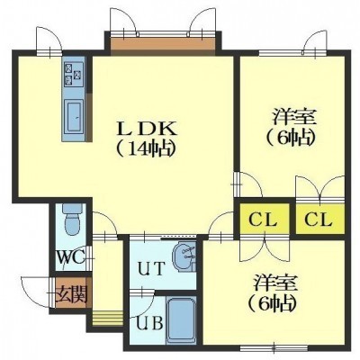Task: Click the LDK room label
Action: (146, 130)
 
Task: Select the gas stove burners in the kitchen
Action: (74, 74)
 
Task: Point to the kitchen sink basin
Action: (74, 117)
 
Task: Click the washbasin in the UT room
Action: (184, 256)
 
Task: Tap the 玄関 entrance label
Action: (72, 293)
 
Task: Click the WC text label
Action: (71, 256)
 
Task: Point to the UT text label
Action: (151, 268)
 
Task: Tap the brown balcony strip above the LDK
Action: (163, 45)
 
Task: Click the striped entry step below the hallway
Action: (107, 318)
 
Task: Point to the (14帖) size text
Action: (146, 148)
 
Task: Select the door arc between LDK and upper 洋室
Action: (255, 182)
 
